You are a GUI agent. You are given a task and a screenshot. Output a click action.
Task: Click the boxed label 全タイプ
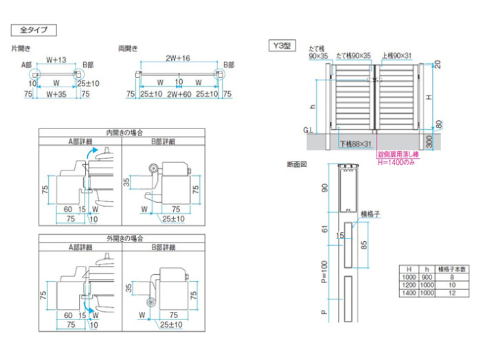[32, 30]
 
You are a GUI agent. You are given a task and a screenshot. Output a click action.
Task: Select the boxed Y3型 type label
[280, 46]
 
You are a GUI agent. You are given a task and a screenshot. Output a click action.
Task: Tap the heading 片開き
[21, 49]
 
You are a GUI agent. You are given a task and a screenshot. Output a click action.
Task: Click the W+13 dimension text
[56, 59]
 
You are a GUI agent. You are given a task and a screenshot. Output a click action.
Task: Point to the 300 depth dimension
[429, 141]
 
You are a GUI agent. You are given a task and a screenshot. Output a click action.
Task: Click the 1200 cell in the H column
[408, 284]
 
